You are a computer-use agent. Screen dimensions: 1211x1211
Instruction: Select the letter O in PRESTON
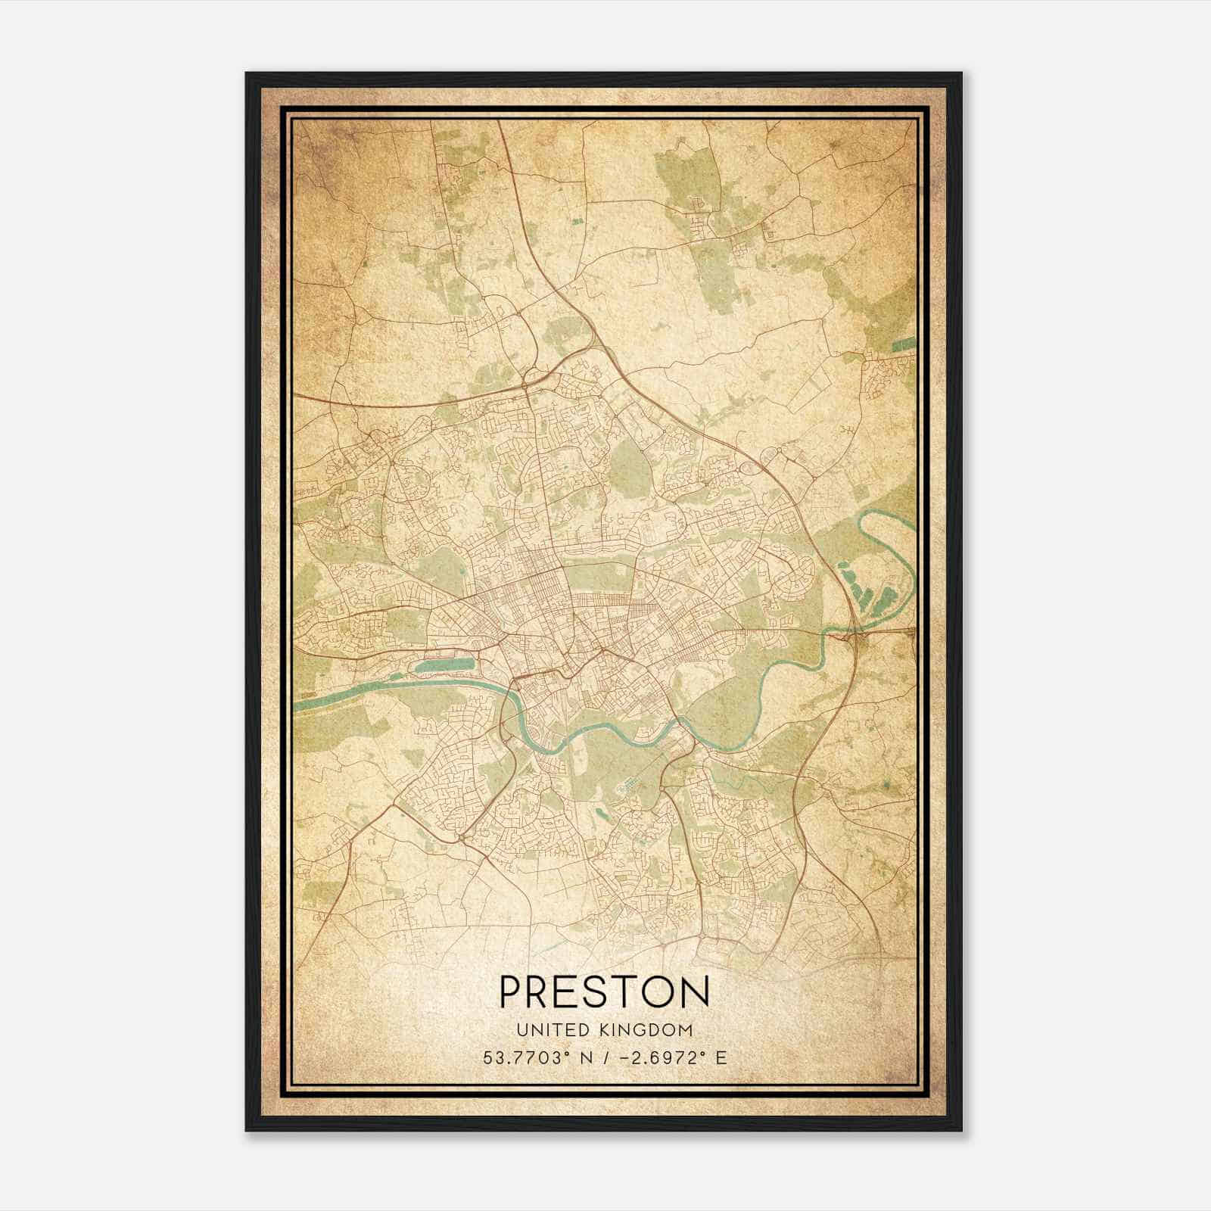coord(658,992)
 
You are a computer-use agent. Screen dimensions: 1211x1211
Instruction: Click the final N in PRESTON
coord(696,992)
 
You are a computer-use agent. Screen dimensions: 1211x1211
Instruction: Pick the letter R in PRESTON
coord(543,992)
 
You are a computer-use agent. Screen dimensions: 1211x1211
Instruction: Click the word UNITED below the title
coord(546,1029)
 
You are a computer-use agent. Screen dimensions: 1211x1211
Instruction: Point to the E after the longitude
coord(721,1057)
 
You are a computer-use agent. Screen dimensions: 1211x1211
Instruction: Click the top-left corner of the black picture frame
coord(247,73)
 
